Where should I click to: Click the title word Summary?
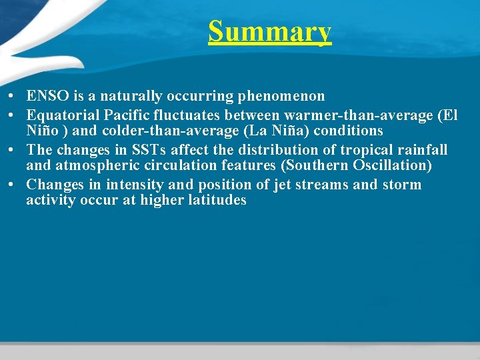pos(269,31)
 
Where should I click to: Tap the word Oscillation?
pos(394,165)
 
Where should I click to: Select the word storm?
pos(402,184)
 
